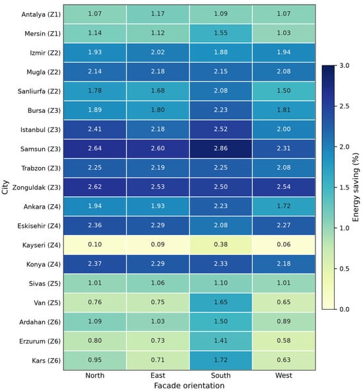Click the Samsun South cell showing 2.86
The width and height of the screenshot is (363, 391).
point(220,149)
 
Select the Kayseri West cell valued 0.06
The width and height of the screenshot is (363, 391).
point(284,245)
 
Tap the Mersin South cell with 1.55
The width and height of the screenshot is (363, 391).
point(220,33)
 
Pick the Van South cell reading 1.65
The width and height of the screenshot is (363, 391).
point(220,302)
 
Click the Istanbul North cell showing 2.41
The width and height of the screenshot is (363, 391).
point(94,129)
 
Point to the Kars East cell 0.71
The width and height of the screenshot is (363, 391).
point(158,361)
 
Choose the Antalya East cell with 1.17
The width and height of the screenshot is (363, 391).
point(158,14)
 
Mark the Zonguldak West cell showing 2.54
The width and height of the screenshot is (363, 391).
point(284,187)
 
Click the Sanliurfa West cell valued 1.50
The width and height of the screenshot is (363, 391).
point(284,90)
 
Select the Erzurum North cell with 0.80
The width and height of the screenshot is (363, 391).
point(94,341)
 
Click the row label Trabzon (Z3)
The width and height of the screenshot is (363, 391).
point(41,168)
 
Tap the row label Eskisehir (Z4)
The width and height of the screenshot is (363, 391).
point(39,226)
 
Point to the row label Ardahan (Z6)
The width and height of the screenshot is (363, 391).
point(40,322)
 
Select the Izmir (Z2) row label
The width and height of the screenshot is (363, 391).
point(45,53)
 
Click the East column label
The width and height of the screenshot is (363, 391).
point(158,375)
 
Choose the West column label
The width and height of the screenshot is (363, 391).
point(284,375)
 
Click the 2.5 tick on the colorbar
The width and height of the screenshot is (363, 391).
point(345,106)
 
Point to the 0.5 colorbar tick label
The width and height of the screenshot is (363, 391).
point(345,269)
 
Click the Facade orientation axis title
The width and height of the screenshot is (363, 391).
point(189,386)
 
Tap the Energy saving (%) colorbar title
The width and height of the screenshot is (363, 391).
point(356,188)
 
